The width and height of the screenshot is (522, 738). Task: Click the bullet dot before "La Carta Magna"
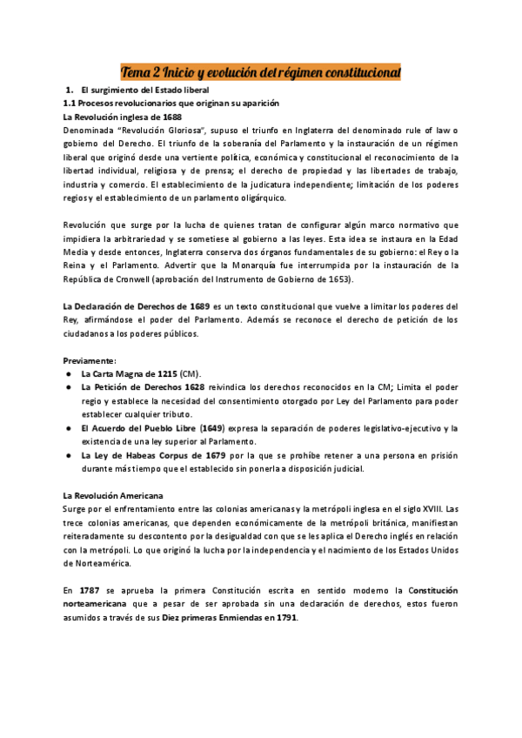coord(69,373)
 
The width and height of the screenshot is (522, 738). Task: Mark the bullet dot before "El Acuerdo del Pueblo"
coord(69,428)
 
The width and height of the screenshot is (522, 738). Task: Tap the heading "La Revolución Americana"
coord(109,495)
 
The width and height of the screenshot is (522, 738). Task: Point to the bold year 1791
coord(283,618)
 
